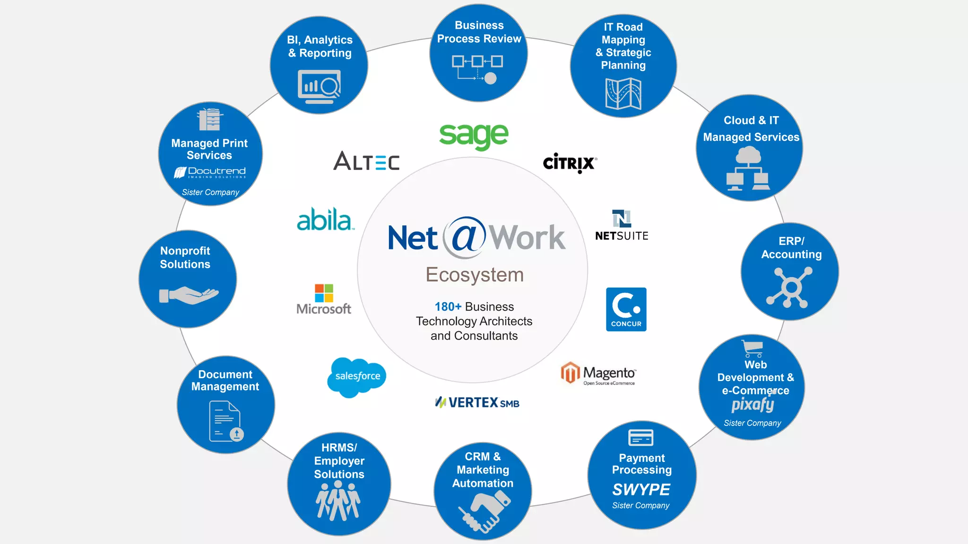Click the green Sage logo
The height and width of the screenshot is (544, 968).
474,136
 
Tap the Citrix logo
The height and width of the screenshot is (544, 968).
570,163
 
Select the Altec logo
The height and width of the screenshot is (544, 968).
366,161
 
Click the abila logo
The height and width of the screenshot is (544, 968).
325,220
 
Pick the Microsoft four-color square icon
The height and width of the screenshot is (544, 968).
324,293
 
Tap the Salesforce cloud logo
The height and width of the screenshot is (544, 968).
357,376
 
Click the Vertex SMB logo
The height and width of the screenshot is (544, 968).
477,403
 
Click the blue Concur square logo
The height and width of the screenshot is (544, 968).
626,309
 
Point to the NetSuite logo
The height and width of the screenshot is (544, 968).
622,226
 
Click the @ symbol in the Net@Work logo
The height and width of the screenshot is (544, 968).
465,237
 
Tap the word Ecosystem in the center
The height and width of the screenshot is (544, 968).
475,275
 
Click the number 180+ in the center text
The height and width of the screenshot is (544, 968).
448,307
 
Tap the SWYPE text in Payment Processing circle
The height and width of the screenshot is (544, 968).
641,490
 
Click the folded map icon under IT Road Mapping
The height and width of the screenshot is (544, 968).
623,93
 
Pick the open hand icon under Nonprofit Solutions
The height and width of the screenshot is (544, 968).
189,295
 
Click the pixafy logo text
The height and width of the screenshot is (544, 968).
752,405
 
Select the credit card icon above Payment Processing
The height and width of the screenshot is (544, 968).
641,438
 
